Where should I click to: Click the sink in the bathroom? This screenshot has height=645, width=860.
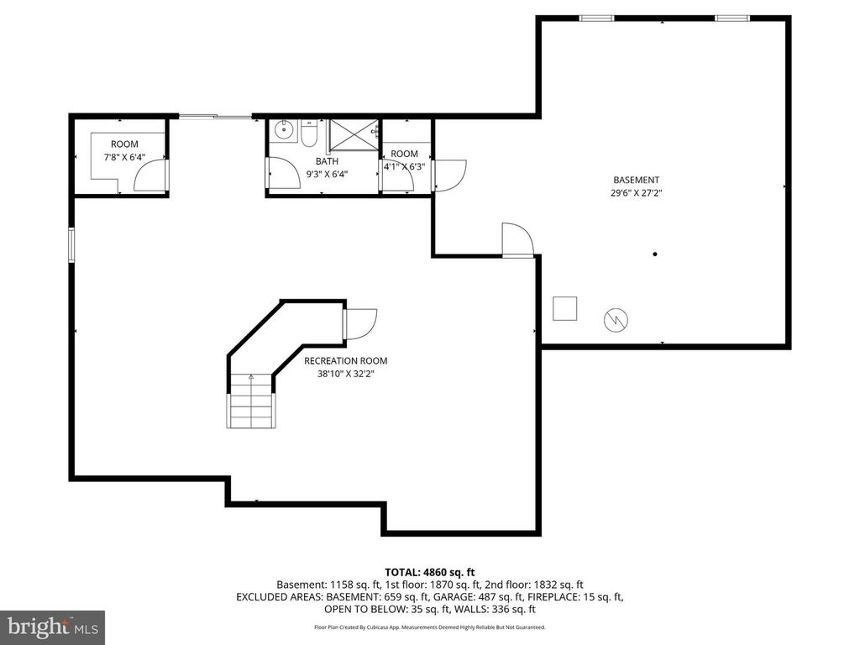[x=285, y=131]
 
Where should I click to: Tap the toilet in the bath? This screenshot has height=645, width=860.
[x=309, y=134]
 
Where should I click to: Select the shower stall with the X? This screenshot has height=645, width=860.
[x=353, y=134]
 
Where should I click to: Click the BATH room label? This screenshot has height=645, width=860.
[x=327, y=161]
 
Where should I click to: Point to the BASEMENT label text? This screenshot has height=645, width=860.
[x=636, y=180]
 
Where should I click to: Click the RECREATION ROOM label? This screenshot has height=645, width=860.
[x=346, y=361]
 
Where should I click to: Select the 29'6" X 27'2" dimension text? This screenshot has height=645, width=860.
[x=636, y=192]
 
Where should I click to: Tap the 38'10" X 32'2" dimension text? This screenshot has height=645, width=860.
[x=346, y=375]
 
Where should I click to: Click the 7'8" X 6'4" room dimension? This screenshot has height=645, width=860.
[x=124, y=157]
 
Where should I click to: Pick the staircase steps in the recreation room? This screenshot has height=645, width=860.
[x=250, y=403]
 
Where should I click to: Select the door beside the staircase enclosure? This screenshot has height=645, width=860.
[x=359, y=323]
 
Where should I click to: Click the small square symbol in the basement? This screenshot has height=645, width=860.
[x=564, y=308]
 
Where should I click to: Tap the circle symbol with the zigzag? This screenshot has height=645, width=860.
[x=616, y=319]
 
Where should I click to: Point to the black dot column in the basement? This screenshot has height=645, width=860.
[x=654, y=254]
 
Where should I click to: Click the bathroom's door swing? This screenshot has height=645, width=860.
[x=285, y=176]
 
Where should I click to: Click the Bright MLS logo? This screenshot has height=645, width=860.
[x=52, y=627]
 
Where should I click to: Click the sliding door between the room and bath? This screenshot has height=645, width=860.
[x=215, y=117]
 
